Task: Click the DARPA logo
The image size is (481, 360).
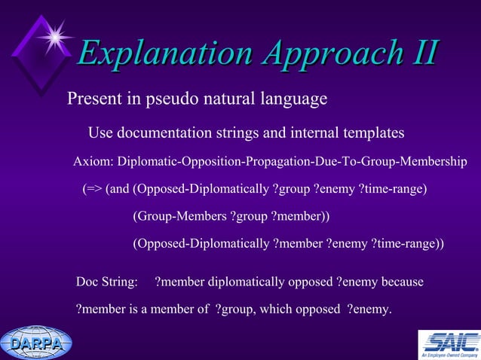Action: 36,343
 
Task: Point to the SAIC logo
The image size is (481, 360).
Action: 449,344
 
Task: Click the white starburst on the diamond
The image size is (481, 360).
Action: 54,35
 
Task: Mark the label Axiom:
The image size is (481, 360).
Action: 93,161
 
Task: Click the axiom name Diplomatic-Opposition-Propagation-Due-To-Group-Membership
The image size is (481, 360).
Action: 293,161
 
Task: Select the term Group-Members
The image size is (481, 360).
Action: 179,216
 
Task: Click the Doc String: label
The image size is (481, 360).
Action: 107,282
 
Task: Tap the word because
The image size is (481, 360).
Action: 403,282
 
